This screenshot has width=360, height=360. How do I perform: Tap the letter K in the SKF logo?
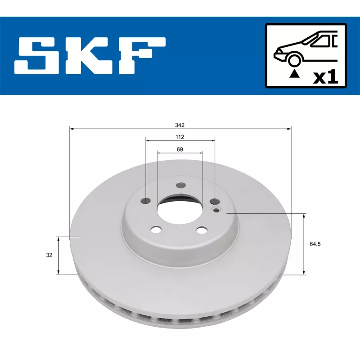click(x=90, y=56)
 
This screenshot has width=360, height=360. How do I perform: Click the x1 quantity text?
click(x=325, y=77)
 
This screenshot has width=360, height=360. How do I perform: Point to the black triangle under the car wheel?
click(x=295, y=73)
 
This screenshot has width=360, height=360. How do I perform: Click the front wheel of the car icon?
click(x=295, y=59)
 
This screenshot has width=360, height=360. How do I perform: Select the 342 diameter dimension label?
click(x=180, y=125)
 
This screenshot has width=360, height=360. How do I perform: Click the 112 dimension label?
click(x=180, y=136)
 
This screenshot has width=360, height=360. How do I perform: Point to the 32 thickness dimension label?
click(x=49, y=255)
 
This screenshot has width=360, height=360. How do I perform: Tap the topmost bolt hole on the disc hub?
click(x=181, y=185)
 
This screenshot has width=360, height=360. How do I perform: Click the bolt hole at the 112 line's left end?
click(x=146, y=201)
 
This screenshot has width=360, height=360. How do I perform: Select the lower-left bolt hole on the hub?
click(x=156, y=230)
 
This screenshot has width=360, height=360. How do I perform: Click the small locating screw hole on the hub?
click(x=217, y=210)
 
